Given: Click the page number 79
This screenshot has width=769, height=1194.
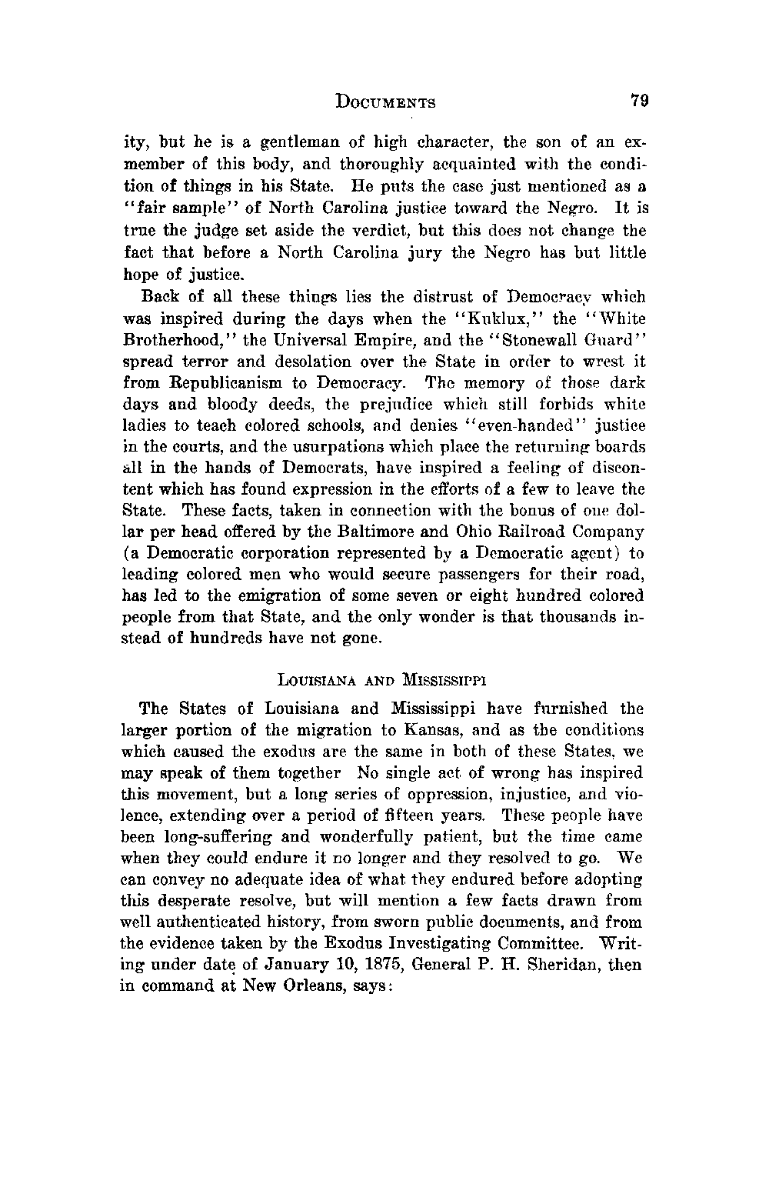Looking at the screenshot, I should point(640,101).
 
